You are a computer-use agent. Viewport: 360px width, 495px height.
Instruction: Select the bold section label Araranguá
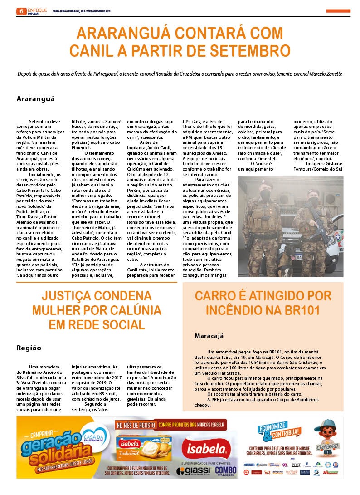[x=35, y=98]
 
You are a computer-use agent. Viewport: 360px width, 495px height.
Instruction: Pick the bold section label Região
[x=29, y=348]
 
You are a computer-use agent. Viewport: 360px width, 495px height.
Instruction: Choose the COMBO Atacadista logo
[x=225, y=471]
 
